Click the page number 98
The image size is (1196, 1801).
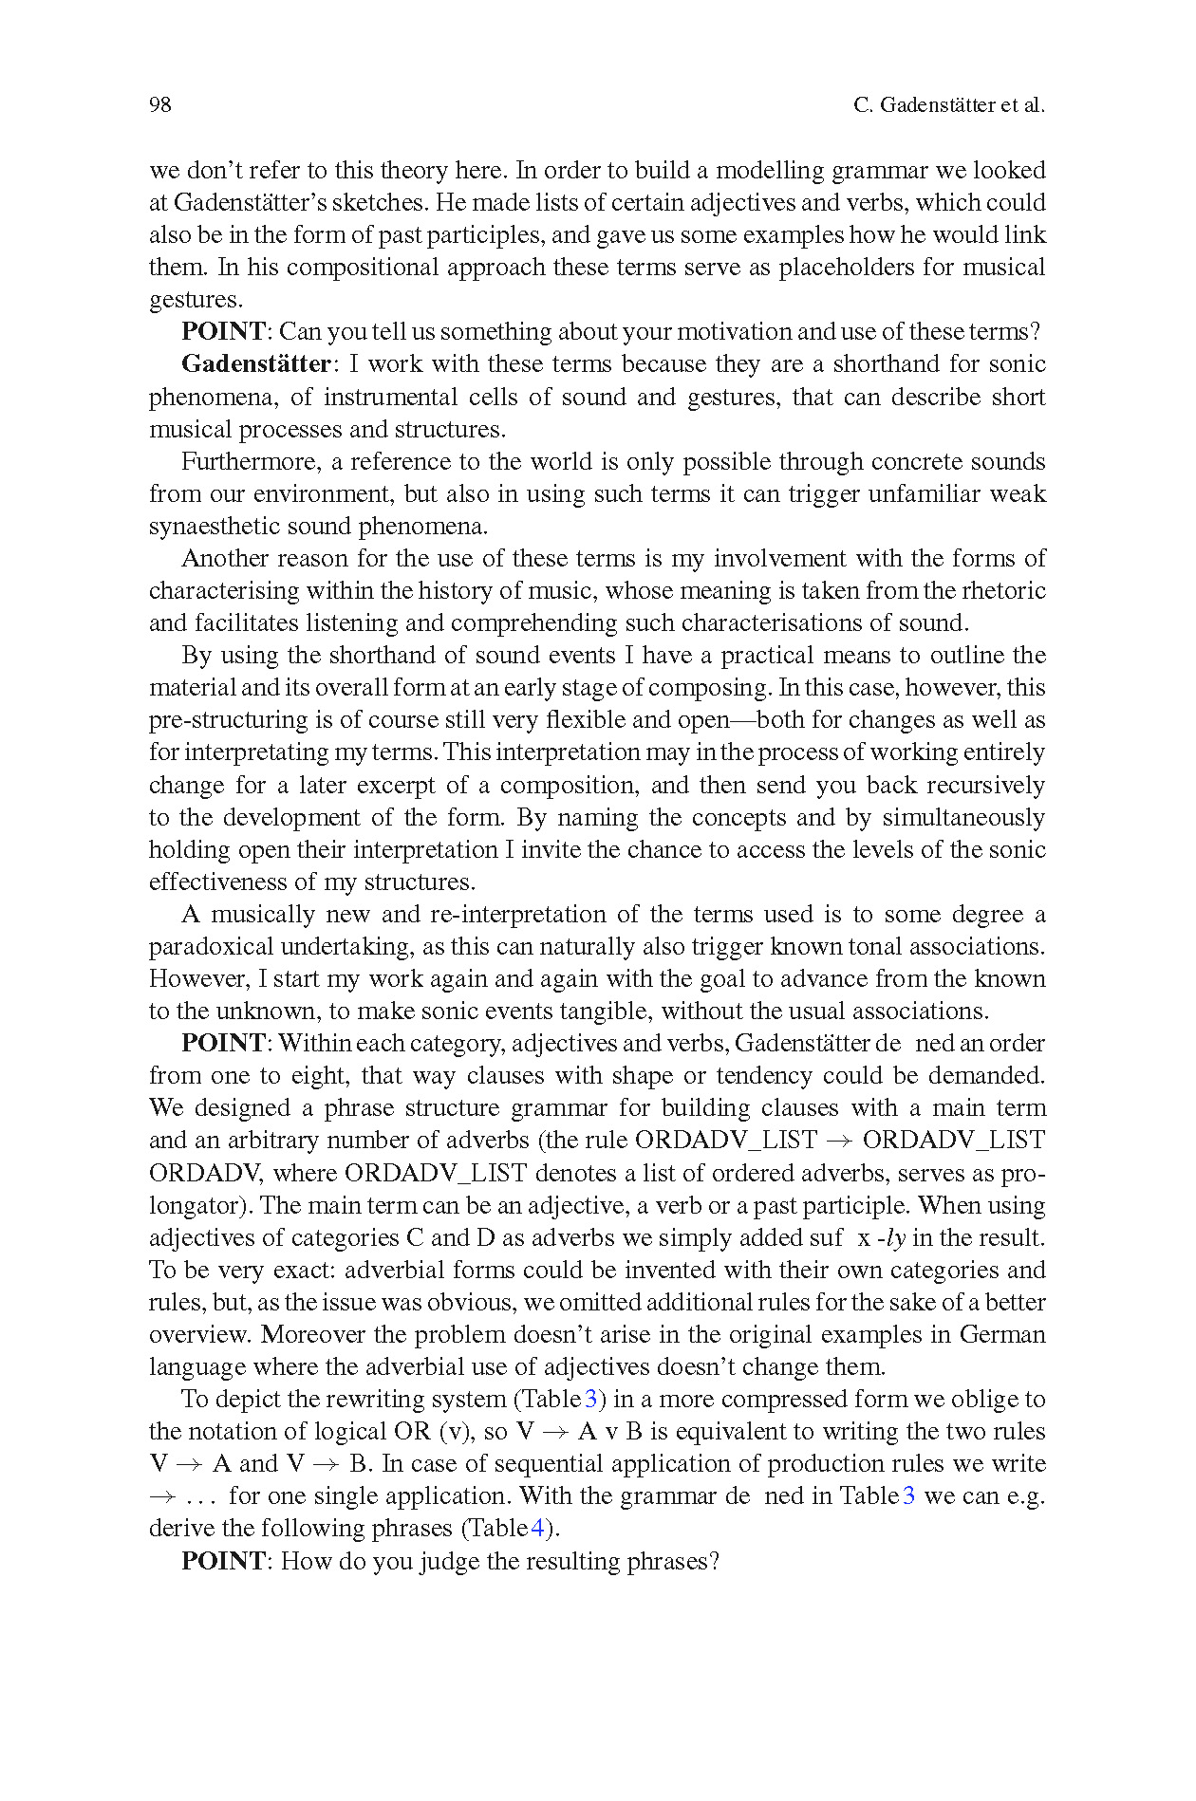pyautogui.click(x=159, y=105)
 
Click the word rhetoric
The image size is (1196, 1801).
pyautogui.click(x=1003, y=591)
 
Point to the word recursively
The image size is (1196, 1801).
pyautogui.click(x=985, y=786)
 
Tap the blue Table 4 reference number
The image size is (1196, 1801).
pyautogui.click(x=538, y=1529)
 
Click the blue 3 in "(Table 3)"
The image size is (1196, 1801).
pyautogui.click(x=590, y=1400)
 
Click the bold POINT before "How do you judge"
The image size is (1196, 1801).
pyautogui.click(x=223, y=1561)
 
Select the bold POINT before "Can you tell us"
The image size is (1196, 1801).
pyautogui.click(x=223, y=332)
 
